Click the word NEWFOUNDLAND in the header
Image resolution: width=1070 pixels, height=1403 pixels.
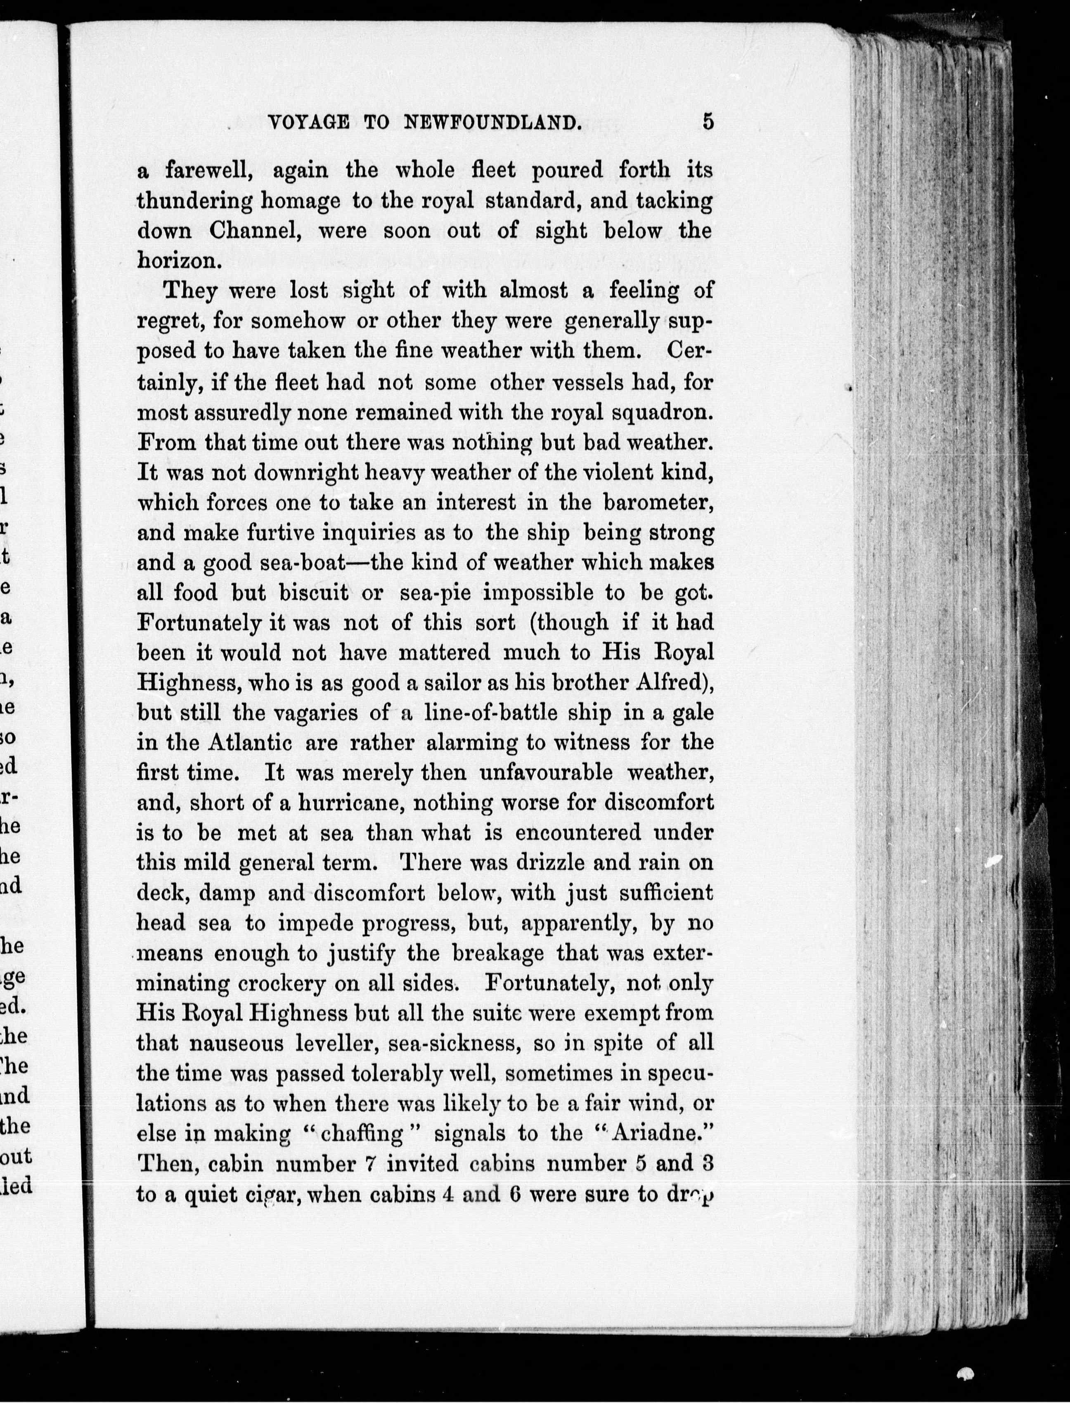pyautogui.click(x=493, y=122)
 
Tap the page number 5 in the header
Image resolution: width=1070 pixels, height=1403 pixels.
pyautogui.click(x=708, y=121)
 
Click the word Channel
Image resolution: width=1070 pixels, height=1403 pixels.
pyautogui.click(x=255, y=230)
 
